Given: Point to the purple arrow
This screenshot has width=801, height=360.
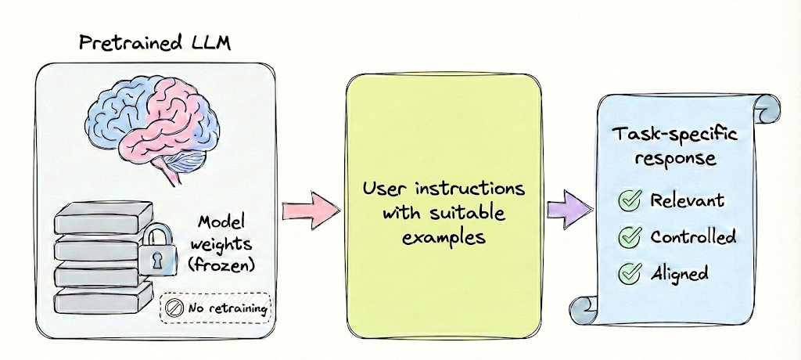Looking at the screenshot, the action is tap(568, 210).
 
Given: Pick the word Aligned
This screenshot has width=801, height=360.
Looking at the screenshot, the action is tap(679, 273).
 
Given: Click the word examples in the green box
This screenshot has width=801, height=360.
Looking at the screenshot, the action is tap(443, 235).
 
